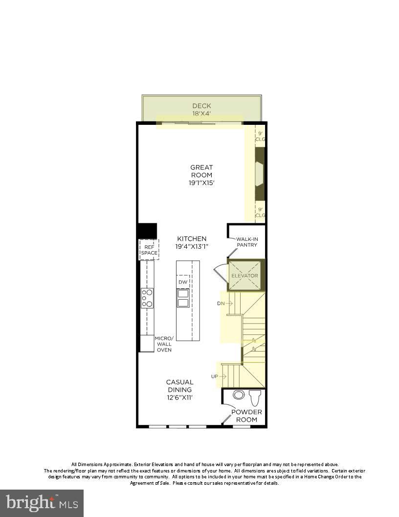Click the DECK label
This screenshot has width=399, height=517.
[201, 105]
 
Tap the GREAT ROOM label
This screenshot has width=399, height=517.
[201, 171]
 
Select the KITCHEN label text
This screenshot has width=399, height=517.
[192, 238]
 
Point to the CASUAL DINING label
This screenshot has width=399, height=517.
[179, 386]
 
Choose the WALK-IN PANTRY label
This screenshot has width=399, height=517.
[247, 242]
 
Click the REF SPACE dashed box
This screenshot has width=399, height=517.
[149, 250]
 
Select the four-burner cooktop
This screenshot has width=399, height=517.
[147, 298]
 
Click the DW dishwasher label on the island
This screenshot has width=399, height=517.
[182, 282]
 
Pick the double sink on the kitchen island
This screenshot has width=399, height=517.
[183, 298]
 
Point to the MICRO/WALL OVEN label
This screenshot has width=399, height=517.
[164, 344]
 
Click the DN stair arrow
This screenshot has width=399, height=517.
[224, 304]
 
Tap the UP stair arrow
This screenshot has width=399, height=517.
[219, 376]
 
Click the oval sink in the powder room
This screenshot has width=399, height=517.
[239, 395]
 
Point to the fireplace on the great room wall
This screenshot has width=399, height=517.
[259, 173]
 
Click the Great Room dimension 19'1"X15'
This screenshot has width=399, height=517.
[201, 183]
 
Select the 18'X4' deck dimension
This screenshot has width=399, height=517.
[201, 114]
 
